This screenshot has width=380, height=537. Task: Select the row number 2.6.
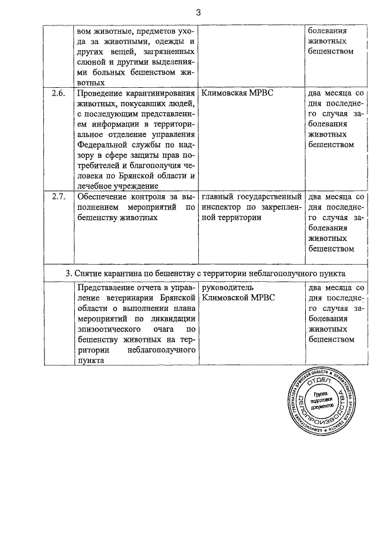tap(58, 94)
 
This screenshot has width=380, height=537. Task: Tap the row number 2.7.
tap(58, 197)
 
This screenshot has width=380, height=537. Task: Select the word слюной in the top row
tap(90, 62)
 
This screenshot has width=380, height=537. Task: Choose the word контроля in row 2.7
tap(146, 197)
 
